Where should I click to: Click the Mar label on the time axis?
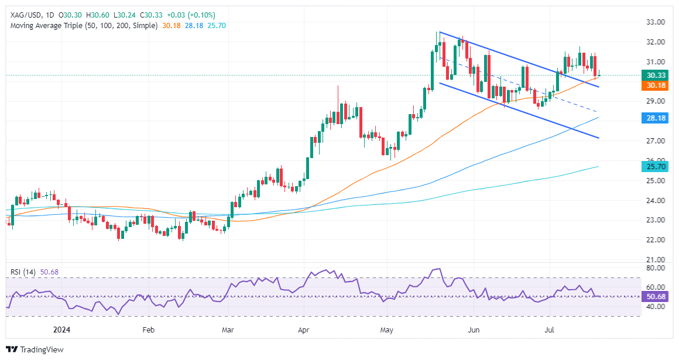(228, 330)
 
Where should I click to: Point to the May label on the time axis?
(386, 330)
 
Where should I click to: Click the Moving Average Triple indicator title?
(83, 26)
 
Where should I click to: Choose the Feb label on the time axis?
(148, 330)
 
